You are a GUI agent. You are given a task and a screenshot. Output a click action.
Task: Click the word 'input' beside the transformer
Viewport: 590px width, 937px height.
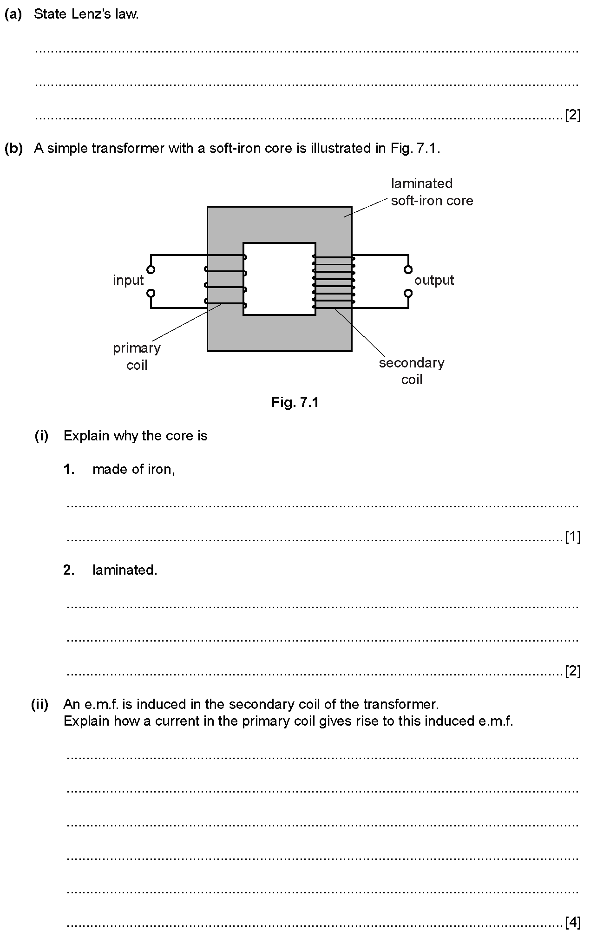tap(128, 281)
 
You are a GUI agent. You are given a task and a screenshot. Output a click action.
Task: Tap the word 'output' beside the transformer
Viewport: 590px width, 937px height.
tap(434, 281)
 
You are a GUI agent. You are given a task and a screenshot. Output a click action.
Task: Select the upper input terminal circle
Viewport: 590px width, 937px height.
tap(151, 269)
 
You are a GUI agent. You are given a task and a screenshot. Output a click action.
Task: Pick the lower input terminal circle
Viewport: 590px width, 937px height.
tap(151, 293)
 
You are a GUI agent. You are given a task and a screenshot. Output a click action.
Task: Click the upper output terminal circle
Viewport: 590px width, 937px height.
tap(408, 269)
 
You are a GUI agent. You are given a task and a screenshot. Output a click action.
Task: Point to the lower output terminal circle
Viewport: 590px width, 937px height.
tap(408, 293)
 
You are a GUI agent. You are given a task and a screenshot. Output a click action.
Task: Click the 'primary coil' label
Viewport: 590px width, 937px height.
tap(137, 356)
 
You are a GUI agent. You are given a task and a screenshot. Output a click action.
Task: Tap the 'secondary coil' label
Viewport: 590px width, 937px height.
tap(412, 371)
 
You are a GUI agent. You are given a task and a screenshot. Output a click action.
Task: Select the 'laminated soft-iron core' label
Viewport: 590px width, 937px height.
tap(432, 192)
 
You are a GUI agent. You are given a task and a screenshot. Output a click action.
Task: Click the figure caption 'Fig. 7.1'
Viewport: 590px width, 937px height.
tap(295, 402)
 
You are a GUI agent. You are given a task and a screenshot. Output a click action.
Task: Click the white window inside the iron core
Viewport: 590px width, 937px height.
tap(279, 279)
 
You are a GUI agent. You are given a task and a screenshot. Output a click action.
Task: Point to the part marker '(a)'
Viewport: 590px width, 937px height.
tap(13, 14)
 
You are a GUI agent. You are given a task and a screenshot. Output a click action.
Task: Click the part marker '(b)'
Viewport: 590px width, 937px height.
tap(13, 148)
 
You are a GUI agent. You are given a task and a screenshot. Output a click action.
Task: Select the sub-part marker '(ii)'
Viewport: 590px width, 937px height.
tap(39, 704)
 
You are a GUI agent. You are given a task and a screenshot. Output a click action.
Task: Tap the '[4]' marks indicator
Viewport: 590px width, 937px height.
tap(573, 922)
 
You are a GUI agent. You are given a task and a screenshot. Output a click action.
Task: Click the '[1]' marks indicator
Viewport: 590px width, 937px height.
tap(573, 537)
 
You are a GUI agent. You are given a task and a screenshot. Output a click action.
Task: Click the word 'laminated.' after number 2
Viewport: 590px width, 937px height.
tap(125, 570)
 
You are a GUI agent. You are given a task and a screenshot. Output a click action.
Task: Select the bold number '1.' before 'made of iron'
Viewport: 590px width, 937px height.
tap(69, 470)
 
